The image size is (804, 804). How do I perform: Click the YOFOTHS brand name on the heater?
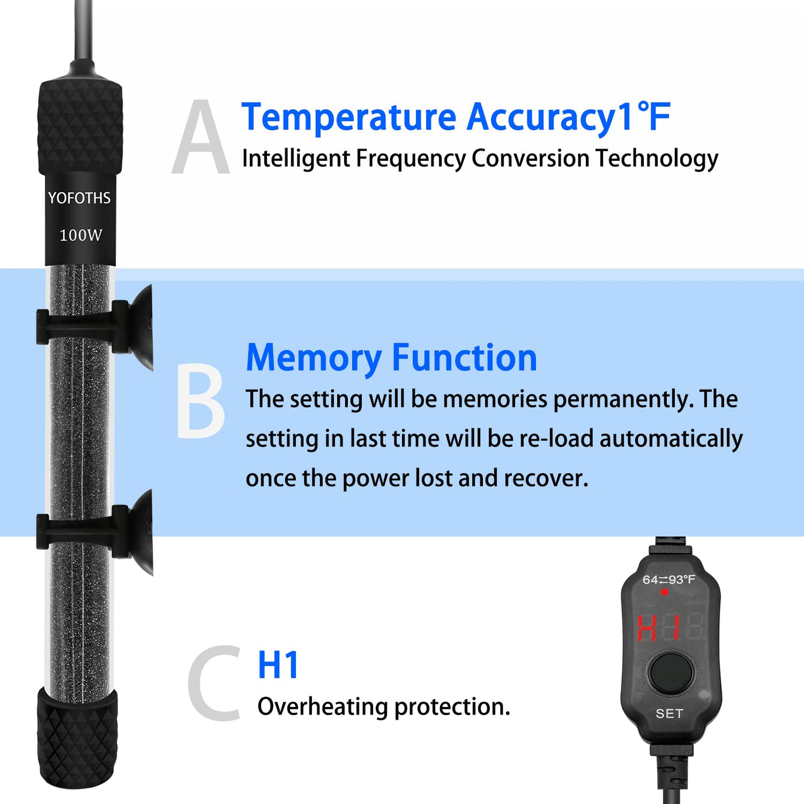click(79, 198)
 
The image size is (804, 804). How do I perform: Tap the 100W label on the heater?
click(80, 235)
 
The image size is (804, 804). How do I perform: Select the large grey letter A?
click(200, 137)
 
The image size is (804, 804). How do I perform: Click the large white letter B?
click(200, 400)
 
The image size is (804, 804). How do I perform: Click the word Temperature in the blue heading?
click(349, 118)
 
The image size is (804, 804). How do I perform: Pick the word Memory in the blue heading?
click(314, 359)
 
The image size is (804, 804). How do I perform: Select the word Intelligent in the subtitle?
click(296, 160)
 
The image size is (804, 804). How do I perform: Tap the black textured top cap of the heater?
click(80, 127)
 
